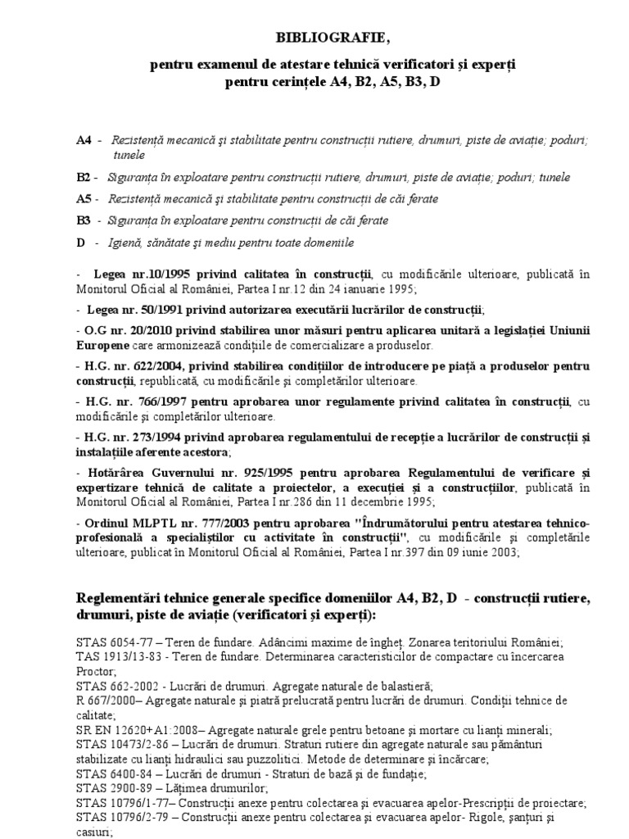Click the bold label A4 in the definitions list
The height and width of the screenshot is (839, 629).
84,140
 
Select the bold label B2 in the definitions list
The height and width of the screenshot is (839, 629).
84,177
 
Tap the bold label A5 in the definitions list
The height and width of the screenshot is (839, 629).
84,199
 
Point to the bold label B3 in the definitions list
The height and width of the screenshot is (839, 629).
84,221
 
